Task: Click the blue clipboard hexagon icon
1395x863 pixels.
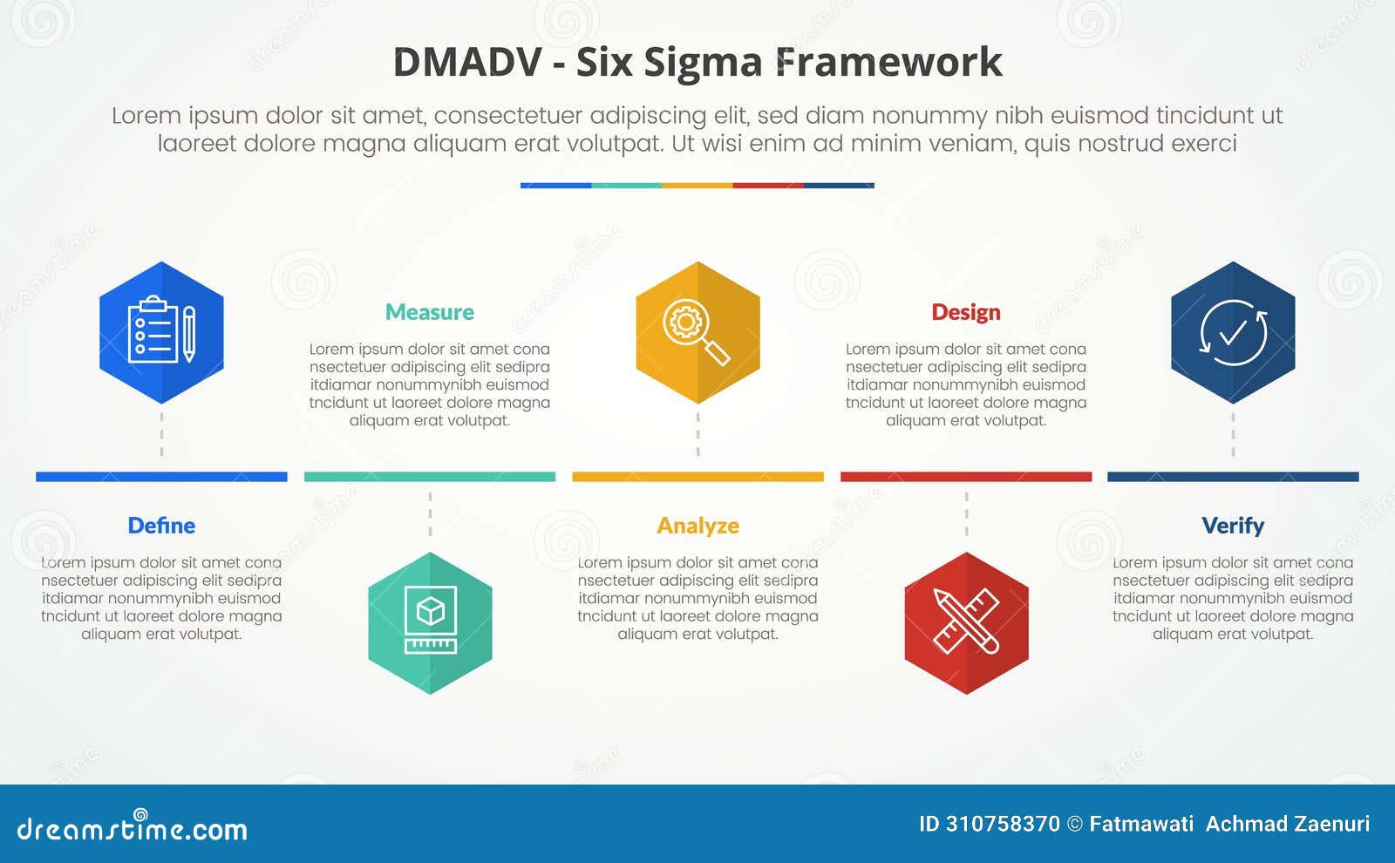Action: (x=161, y=332)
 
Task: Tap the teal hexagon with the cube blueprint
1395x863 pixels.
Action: (x=430, y=623)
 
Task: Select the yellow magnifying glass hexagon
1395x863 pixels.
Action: (x=697, y=332)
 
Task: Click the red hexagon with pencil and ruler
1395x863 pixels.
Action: (x=966, y=623)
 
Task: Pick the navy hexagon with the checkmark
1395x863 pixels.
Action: (x=1233, y=332)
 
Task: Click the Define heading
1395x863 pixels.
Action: (x=161, y=526)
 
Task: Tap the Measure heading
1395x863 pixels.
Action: (x=430, y=312)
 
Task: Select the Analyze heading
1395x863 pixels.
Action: (x=697, y=526)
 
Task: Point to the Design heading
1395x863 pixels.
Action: (x=966, y=312)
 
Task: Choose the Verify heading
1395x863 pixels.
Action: (x=1233, y=526)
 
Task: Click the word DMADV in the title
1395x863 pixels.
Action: (x=467, y=63)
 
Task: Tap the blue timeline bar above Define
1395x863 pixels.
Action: (x=161, y=477)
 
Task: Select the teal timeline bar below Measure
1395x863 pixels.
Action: (x=430, y=477)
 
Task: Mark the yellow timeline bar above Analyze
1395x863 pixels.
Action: (x=697, y=477)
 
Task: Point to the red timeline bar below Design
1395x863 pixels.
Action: (x=966, y=477)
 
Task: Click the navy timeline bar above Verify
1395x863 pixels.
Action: (x=1233, y=477)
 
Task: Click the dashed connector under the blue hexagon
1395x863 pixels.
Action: (x=161, y=435)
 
